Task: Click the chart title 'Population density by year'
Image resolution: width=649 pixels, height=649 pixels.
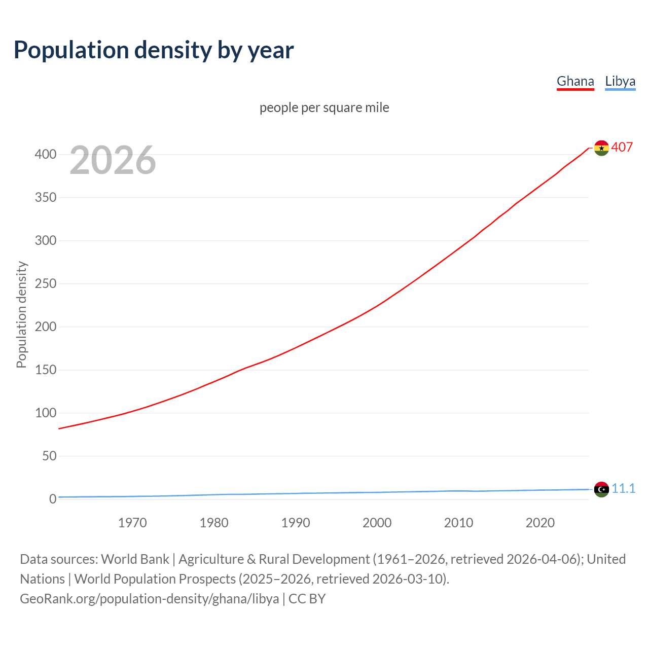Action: click(x=154, y=50)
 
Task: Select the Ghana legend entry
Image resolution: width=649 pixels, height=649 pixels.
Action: click(x=575, y=81)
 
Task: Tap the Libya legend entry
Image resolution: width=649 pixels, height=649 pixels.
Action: click(x=620, y=81)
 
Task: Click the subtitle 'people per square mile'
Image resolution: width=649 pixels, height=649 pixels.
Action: click(x=324, y=107)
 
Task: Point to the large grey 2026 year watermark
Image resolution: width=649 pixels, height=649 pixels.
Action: click(x=113, y=160)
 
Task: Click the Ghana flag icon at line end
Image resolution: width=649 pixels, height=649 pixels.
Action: click(x=601, y=148)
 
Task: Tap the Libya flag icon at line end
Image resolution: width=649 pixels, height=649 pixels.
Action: click(x=601, y=489)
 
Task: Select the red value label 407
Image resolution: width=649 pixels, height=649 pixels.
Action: click(x=622, y=147)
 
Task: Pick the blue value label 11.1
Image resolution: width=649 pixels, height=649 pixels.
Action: click(x=623, y=488)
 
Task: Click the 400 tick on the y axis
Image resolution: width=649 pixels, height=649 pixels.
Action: click(x=45, y=154)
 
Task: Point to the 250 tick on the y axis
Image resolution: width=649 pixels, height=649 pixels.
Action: click(x=45, y=283)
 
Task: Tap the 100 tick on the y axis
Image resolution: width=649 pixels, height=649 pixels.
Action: click(x=45, y=413)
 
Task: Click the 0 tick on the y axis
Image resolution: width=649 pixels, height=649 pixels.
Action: click(x=52, y=499)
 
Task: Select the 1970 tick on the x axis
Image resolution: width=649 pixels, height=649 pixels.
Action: click(x=132, y=522)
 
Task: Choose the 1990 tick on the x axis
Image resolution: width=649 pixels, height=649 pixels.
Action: click(x=296, y=522)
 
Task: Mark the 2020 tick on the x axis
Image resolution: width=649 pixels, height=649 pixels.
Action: click(x=540, y=522)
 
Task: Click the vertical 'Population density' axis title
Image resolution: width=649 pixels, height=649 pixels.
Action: click(x=21, y=314)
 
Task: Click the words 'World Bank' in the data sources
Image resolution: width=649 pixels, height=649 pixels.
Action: click(x=135, y=559)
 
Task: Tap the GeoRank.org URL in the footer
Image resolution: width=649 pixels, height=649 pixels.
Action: click(x=149, y=598)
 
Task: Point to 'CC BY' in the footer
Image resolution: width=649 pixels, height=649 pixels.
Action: click(x=307, y=598)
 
